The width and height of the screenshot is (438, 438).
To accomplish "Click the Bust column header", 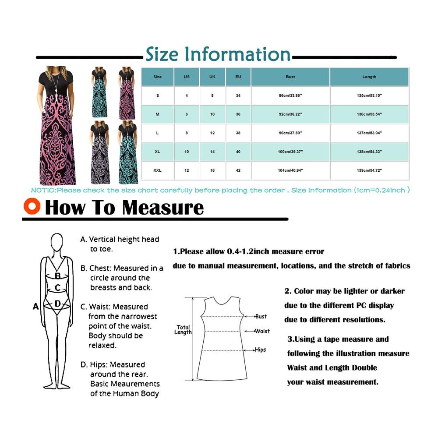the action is pos(290,77).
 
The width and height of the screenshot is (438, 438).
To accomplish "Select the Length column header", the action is pos(369,77).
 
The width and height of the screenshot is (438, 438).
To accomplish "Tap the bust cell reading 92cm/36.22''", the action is pos(290,114).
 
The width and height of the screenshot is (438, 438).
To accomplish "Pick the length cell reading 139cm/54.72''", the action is pos(369,170).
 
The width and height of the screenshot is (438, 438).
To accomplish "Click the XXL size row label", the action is pos(157,170).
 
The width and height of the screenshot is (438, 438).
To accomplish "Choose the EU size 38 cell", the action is pos(238,133).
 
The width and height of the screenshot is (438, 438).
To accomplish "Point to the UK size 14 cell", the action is pos(212,152).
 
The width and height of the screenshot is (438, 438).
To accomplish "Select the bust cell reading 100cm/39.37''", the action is pos(290,152).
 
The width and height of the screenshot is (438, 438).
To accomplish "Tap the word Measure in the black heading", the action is pos(163,208).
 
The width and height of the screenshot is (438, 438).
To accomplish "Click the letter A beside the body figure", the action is pos(35,307).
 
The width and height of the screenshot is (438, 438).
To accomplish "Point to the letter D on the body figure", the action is pos(57,304).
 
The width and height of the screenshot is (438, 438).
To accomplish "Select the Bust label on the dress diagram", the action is pos(261,317).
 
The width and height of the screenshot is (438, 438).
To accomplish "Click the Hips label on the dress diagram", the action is pos(260,350).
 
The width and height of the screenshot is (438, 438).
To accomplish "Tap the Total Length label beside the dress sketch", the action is pos(183,330).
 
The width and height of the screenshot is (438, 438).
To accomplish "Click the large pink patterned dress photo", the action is pos(56,125).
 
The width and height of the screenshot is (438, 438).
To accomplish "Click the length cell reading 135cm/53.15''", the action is pos(369,95).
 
